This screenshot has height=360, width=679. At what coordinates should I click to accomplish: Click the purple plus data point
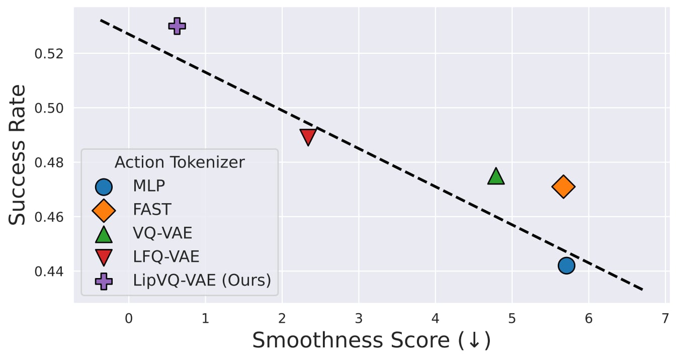click(x=177, y=26)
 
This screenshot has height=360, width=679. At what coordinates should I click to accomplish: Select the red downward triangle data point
click(x=308, y=136)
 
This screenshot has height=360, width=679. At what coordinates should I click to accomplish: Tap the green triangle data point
click(x=496, y=176)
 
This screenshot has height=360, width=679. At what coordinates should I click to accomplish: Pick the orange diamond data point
click(x=563, y=187)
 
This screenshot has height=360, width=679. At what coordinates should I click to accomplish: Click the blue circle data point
click(x=566, y=265)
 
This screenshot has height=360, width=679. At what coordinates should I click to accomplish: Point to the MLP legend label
click(x=149, y=187)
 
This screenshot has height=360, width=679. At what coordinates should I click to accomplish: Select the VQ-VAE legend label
click(x=162, y=233)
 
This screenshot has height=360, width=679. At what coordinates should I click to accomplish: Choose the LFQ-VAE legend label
click(x=166, y=257)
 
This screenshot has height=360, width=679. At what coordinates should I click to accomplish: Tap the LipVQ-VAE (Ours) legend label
click(x=202, y=281)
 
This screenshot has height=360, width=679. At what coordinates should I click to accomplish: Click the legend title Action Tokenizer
click(x=180, y=162)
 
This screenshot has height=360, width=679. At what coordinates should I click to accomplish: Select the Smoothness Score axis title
click(x=371, y=341)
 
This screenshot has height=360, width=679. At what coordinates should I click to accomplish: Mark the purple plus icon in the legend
click(x=104, y=281)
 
